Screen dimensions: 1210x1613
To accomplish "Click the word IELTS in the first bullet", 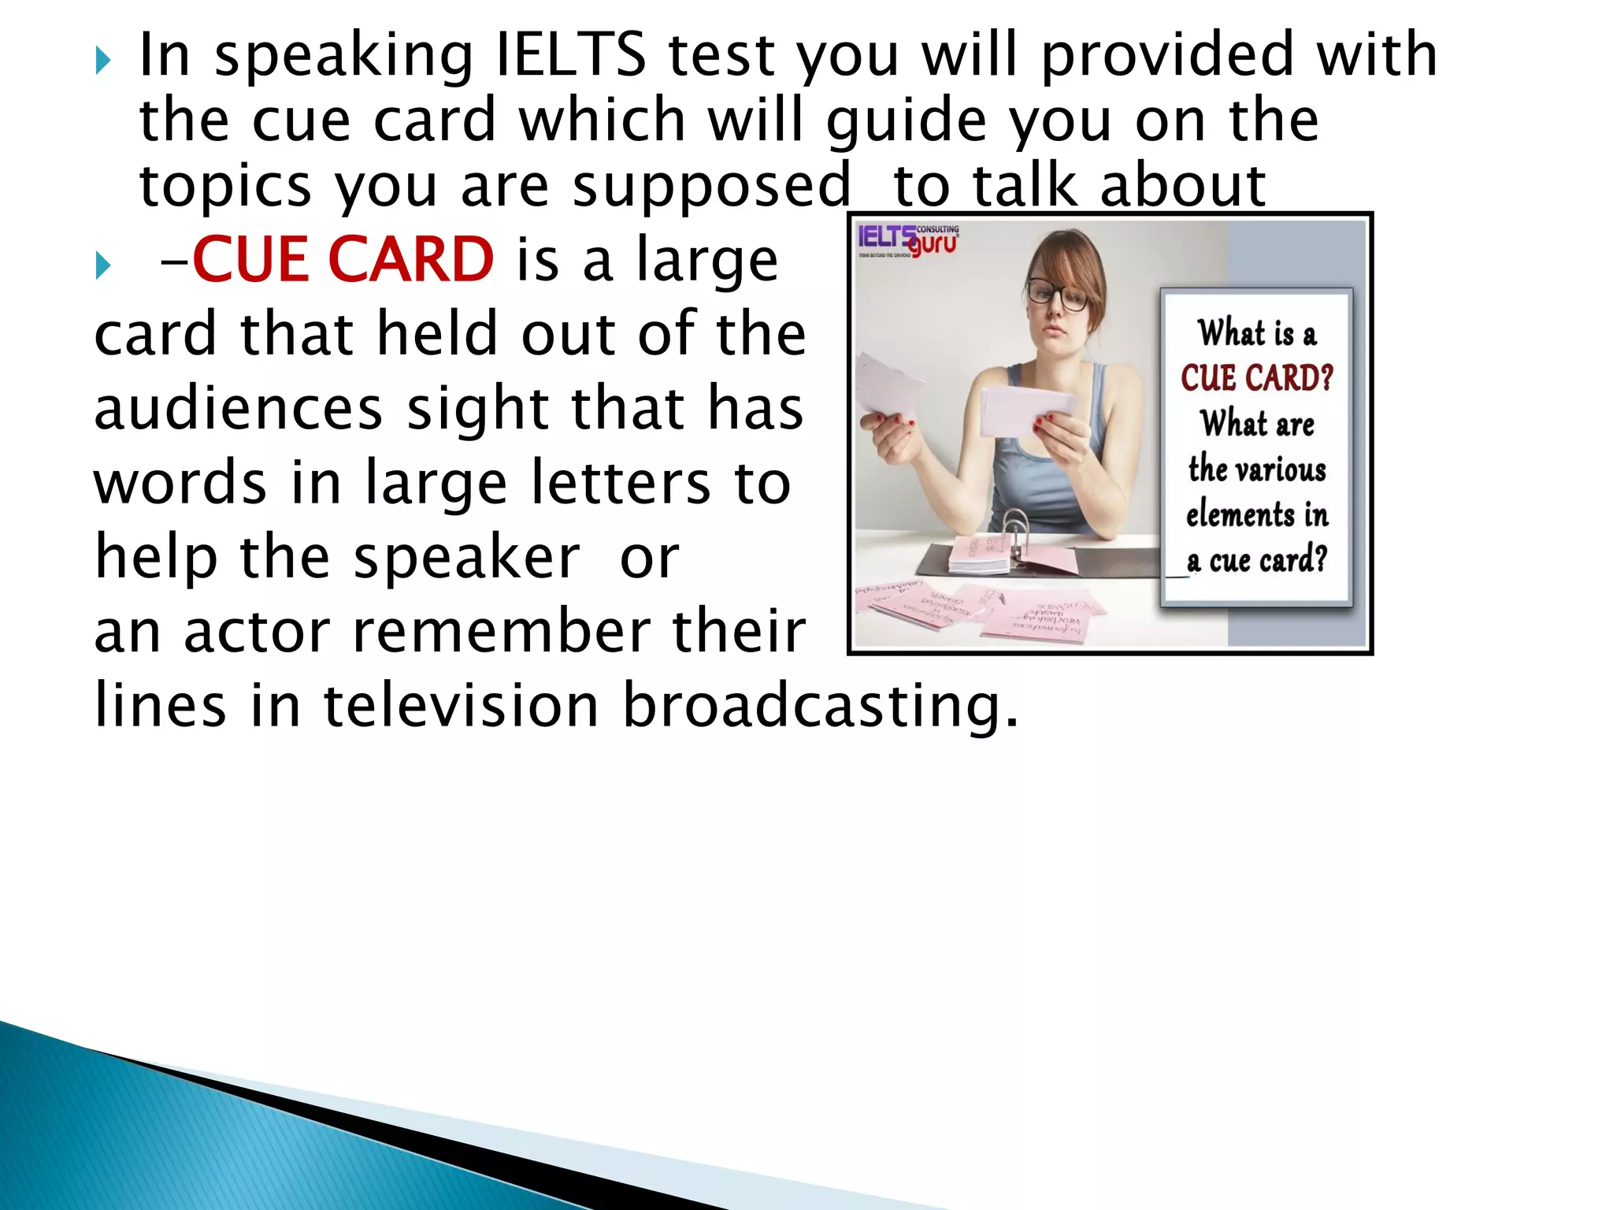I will pos(570,55).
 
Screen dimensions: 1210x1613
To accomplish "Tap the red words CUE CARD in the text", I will pos(343,260).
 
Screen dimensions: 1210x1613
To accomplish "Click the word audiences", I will pos(238,409).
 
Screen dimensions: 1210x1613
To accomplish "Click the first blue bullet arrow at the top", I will pos(103,60).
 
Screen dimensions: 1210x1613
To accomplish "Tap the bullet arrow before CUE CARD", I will pos(103,265).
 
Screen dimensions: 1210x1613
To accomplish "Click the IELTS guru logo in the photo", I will pos(908,240).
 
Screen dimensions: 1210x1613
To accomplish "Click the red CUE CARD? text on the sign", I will pos(1256,378).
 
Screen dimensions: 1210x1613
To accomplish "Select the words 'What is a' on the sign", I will pos(1256,333).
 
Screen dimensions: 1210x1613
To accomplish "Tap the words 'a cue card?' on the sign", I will pos(1256,561).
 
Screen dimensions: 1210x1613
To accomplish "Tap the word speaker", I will pos(466,558).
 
